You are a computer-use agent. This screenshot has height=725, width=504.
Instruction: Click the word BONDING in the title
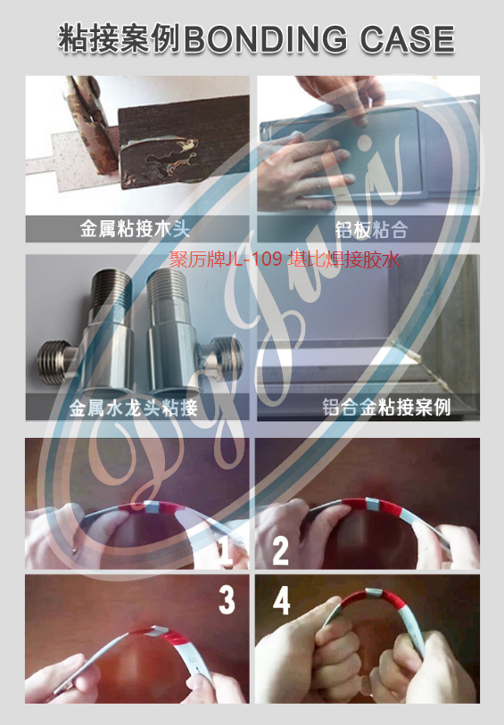click(x=266, y=38)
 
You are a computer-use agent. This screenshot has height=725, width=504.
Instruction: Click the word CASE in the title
click(x=408, y=38)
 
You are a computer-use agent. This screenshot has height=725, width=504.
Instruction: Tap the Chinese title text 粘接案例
click(x=120, y=38)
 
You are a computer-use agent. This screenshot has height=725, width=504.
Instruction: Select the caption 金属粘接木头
click(x=135, y=229)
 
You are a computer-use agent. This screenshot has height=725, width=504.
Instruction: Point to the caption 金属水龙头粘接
click(x=134, y=408)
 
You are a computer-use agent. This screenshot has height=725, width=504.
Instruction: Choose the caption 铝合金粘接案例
click(x=386, y=408)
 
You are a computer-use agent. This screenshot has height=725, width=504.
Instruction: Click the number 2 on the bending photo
click(x=280, y=550)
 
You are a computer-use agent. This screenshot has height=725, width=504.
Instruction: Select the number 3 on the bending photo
click(x=227, y=599)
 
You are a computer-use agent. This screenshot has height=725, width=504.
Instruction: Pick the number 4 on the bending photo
click(x=282, y=599)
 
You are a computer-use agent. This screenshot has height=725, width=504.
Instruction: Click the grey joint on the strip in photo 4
click(x=374, y=593)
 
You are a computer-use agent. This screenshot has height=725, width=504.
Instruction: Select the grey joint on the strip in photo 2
click(x=373, y=505)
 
